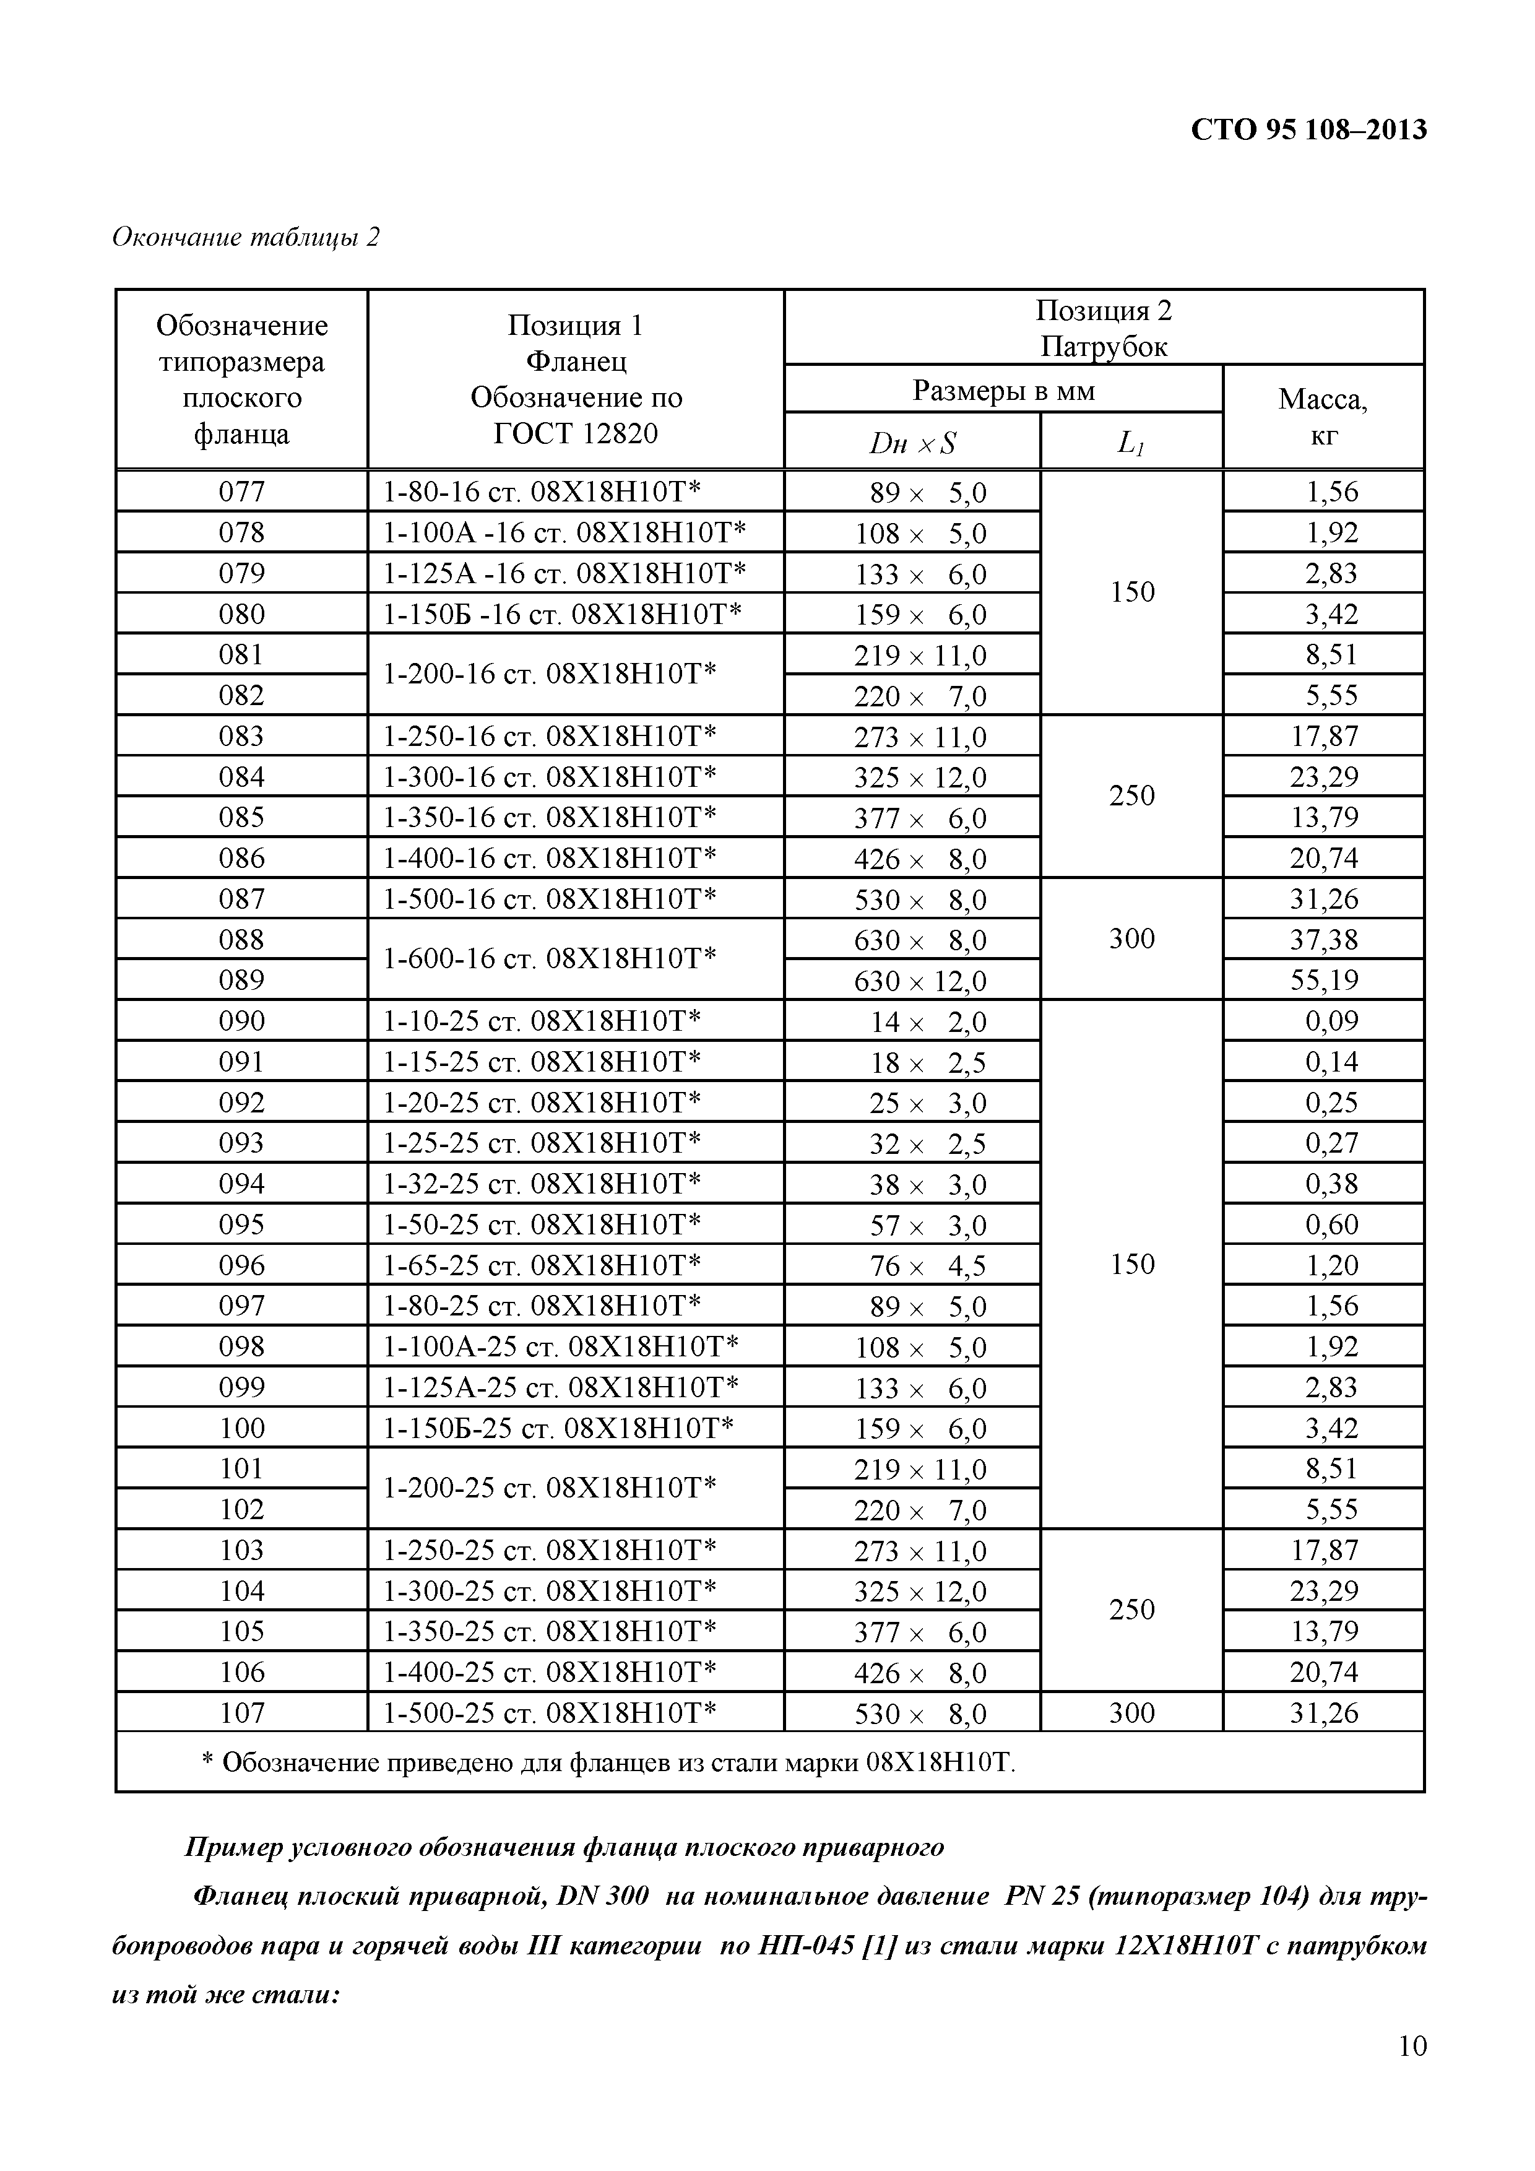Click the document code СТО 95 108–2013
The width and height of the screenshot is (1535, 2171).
click(x=1308, y=129)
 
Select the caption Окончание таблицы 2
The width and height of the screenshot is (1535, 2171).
click(x=246, y=237)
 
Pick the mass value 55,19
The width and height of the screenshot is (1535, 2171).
click(x=1323, y=981)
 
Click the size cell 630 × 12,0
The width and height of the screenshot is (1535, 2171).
click(x=920, y=981)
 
